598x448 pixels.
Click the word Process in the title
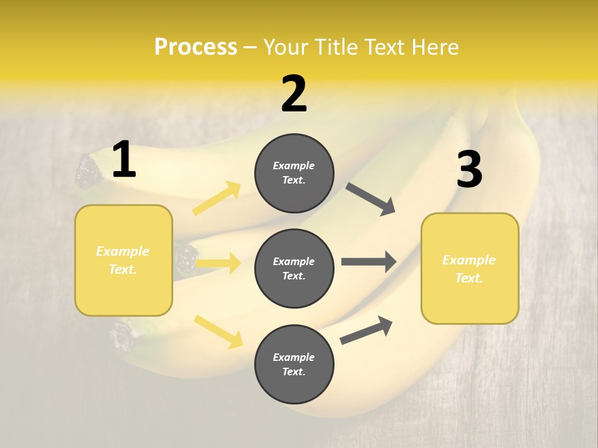(x=196, y=47)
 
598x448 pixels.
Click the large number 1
(x=124, y=160)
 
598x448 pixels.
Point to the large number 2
(x=294, y=93)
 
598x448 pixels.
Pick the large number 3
(x=469, y=169)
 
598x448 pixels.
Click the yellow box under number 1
(x=123, y=260)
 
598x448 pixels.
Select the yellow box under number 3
(x=470, y=269)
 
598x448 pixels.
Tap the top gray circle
(x=294, y=173)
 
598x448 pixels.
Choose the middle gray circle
(x=294, y=269)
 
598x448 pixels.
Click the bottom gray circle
(x=294, y=365)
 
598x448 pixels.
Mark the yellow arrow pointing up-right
(x=217, y=198)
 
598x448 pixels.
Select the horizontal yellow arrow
(x=218, y=264)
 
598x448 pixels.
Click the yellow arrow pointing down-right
(x=218, y=332)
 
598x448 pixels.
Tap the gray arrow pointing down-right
(x=371, y=199)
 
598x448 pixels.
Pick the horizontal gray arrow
(x=369, y=261)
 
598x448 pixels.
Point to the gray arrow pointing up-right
(x=366, y=330)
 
